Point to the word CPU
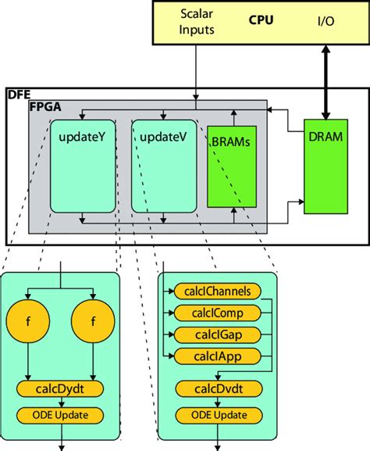[x=261, y=20]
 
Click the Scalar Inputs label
[x=194, y=23]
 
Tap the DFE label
[x=18, y=94]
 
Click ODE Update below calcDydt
[x=61, y=414]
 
